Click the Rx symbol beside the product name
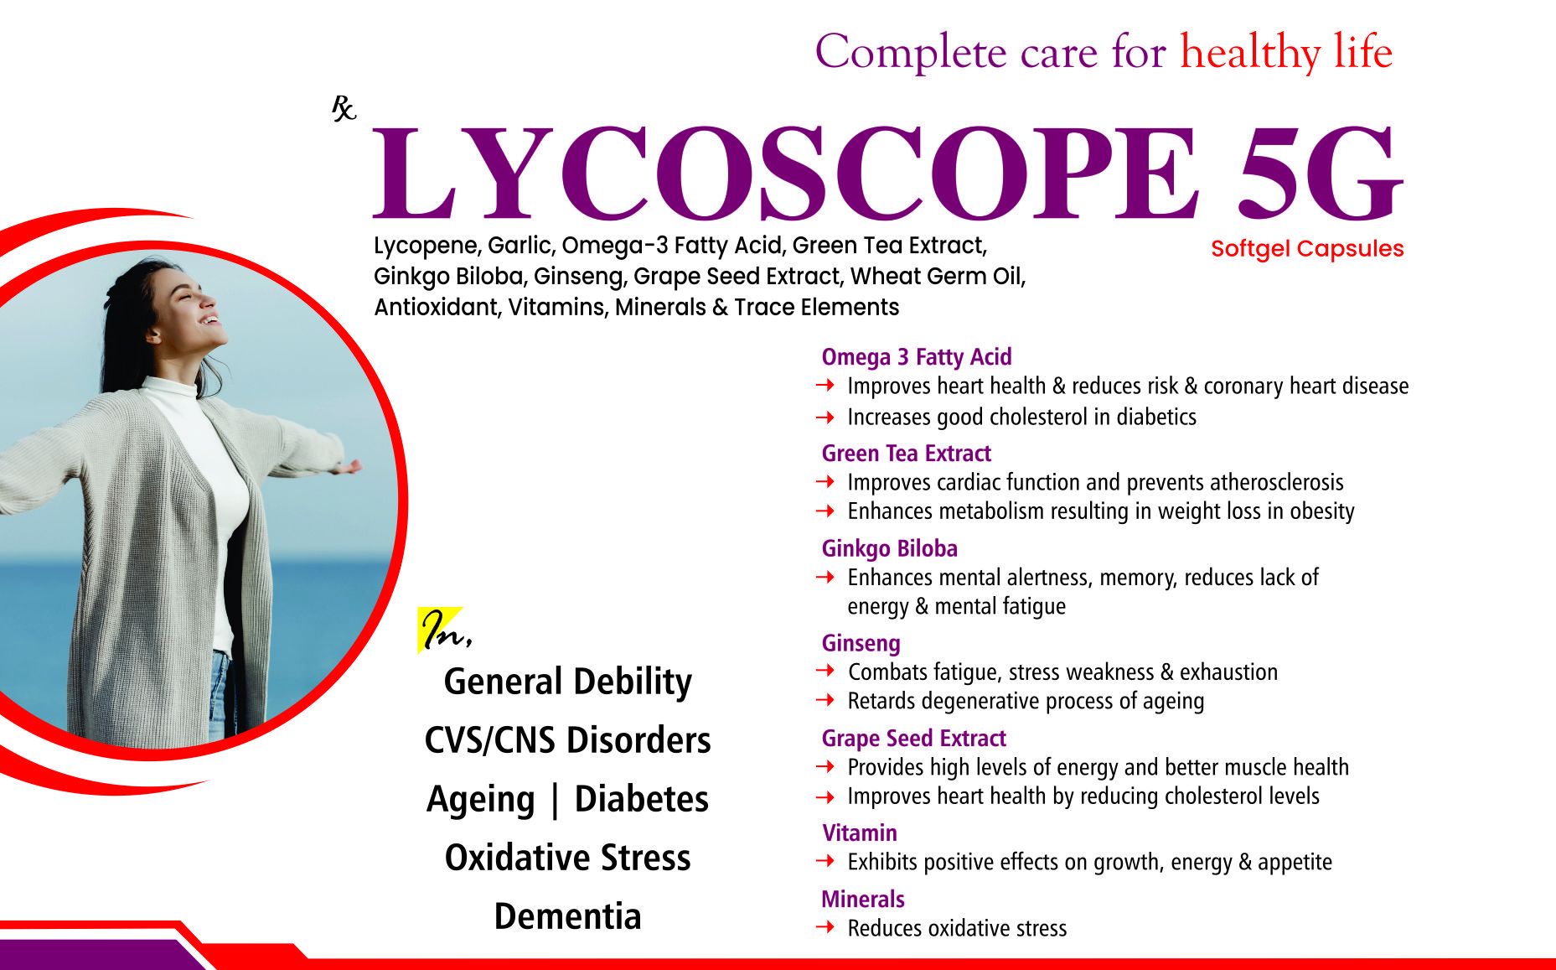[344, 108]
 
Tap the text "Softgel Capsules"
[1307, 249]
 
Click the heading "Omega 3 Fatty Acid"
[917, 357]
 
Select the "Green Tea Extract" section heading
[906, 454]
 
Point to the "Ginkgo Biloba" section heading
[889, 548]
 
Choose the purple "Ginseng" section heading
[861, 643]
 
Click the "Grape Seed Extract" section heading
[913, 738]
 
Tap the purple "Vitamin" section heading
[860, 833]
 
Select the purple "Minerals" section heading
[863, 899]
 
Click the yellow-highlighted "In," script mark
[444, 630]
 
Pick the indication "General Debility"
[568, 682]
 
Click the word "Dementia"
[568, 916]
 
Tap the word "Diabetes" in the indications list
[641, 799]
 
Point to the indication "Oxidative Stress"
[568, 858]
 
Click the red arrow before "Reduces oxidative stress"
[825, 926]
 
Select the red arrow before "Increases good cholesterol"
[825, 417]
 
